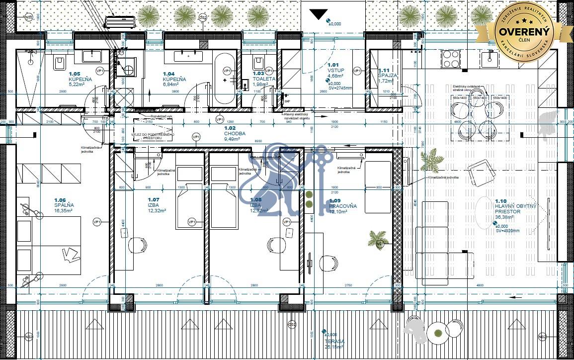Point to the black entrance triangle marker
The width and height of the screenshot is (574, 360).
[318, 14]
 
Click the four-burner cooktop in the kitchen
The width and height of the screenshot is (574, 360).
[450, 60]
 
